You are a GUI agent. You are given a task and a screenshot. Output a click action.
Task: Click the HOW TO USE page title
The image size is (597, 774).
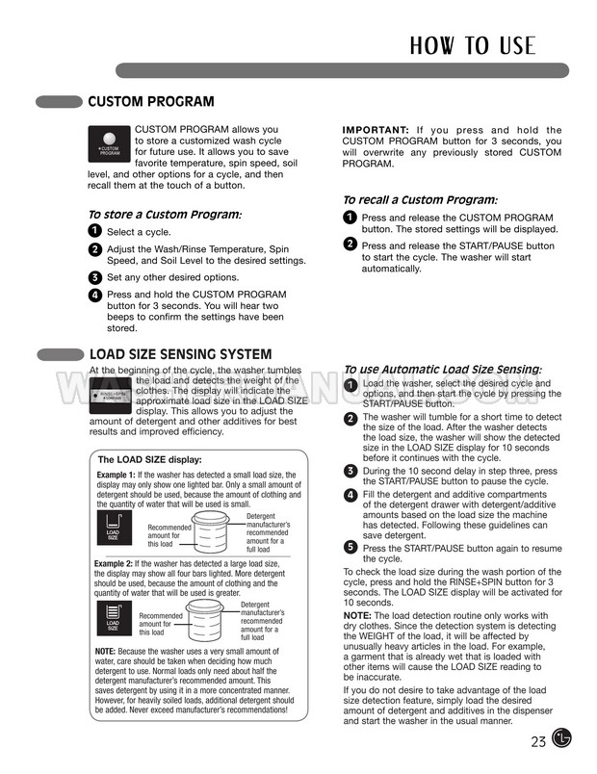(x=472, y=44)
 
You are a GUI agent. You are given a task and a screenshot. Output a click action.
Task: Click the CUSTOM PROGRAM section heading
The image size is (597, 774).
(x=151, y=102)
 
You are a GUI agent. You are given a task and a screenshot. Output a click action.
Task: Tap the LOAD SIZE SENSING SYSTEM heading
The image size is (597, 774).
(x=180, y=354)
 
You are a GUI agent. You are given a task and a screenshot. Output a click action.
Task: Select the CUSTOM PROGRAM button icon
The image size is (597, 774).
(x=110, y=143)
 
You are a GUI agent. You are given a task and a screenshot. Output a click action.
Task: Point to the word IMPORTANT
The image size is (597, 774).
(x=376, y=130)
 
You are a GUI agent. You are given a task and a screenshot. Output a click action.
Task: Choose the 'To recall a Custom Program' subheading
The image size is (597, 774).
(x=420, y=199)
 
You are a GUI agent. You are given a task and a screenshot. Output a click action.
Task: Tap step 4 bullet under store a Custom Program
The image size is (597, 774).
(x=94, y=295)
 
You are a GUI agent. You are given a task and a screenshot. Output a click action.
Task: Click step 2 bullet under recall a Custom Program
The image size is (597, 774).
(x=350, y=245)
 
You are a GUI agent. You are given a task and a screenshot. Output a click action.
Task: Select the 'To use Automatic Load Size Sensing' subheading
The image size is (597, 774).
(x=442, y=370)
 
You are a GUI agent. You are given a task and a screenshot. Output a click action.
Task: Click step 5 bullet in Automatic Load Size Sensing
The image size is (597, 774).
(x=350, y=547)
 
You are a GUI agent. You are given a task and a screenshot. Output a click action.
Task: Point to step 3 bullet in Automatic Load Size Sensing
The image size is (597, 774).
(x=350, y=470)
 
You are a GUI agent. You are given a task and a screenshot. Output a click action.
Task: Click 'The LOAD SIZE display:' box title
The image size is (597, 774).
(x=150, y=459)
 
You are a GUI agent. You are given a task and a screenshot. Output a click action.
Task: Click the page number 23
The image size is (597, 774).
(x=538, y=740)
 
